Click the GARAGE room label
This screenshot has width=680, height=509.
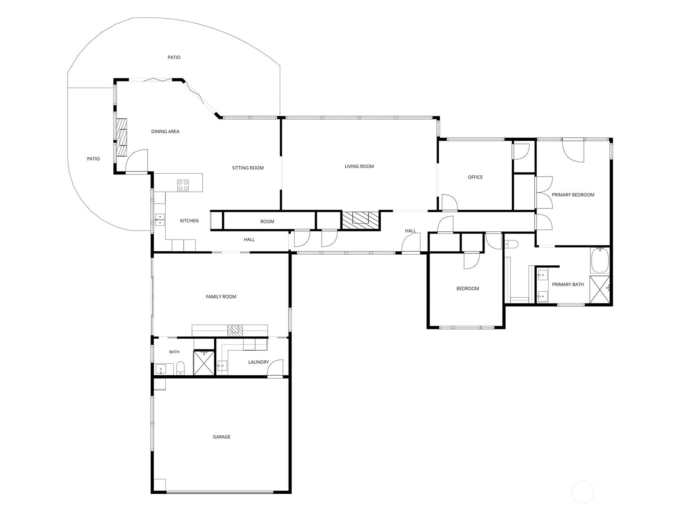(x=221, y=436)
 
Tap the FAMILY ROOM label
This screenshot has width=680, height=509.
(x=221, y=296)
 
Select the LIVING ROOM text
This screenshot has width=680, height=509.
(x=359, y=166)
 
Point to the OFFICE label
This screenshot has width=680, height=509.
(x=475, y=177)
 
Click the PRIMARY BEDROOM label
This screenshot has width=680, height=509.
(x=573, y=194)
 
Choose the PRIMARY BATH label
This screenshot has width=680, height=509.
(x=567, y=284)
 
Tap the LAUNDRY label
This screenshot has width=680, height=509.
(x=258, y=362)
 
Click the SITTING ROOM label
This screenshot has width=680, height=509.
(x=247, y=168)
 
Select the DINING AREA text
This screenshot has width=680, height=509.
(x=165, y=131)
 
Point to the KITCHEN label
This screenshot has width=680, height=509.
(x=189, y=221)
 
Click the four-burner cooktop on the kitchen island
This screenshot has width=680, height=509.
(x=183, y=185)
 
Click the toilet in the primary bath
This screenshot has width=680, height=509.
(x=511, y=244)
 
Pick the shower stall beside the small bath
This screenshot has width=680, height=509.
(x=204, y=363)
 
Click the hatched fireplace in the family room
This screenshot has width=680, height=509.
(x=235, y=330)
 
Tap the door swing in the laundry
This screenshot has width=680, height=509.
(x=275, y=368)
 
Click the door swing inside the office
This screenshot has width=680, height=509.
(x=450, y=202)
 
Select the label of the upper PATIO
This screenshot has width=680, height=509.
(x=174, y=57)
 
